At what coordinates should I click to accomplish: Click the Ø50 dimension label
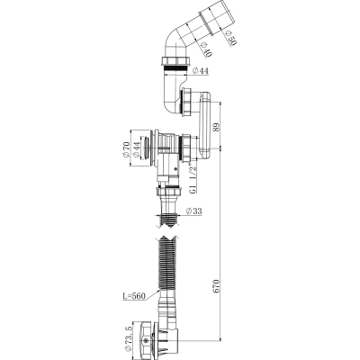pos(232,38)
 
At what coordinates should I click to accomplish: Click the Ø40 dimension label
pos(207,49)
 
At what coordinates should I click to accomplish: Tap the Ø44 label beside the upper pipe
pos(200,71)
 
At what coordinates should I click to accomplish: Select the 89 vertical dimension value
pos(218,125)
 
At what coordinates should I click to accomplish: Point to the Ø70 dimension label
pos(125,150)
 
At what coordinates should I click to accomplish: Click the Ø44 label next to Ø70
pos(136,150)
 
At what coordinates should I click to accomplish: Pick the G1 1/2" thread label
pos(193,178)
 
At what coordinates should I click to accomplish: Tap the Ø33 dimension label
pos(193,211)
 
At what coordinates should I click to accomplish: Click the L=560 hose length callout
pos(134,296)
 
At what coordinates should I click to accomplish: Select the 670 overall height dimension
pos(217,286)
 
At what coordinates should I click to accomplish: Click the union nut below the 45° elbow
pos(175,61)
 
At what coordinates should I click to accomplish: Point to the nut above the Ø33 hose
pos(168,190)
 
